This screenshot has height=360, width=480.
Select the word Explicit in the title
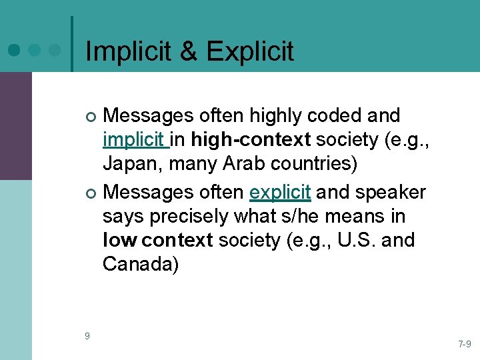[251, 51]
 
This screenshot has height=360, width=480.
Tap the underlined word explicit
[280, 192]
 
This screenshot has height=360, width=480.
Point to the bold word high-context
[251, 141]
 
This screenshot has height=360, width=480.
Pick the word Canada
[141, 265]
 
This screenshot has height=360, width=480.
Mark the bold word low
[119, 239]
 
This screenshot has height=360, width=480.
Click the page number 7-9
[464, 344]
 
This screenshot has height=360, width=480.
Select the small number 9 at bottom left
[87, 335]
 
